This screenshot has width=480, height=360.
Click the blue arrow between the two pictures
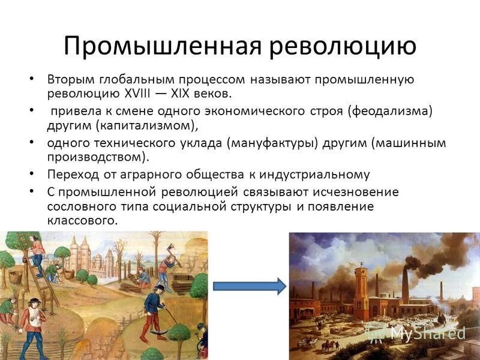[x=250, y=286]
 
